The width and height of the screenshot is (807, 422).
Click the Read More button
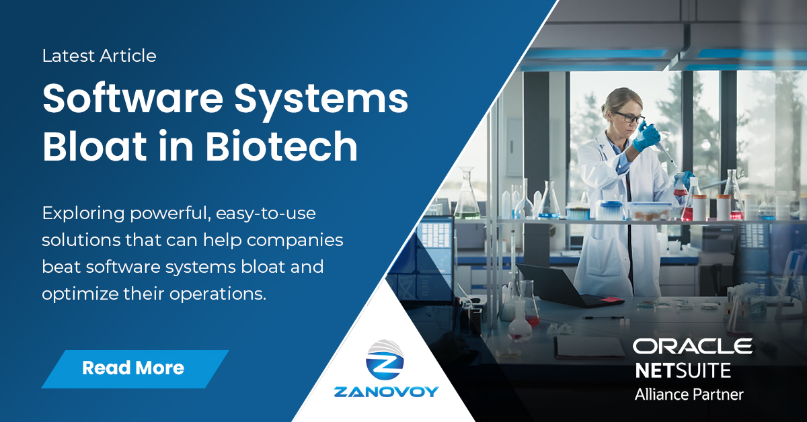coord(133,368)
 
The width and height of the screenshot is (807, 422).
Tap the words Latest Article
coord(100,56)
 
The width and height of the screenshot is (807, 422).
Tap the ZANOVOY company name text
coord(386,392)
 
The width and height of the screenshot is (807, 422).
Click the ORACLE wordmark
coord(692,347)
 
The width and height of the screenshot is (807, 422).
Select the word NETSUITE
coord(683,370)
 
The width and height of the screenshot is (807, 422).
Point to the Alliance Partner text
coord(689,394)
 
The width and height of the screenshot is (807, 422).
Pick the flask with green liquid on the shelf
coord(467,198)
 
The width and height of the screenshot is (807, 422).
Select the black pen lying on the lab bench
coord(603,316)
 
